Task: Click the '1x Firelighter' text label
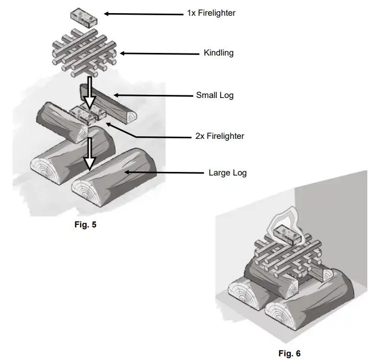(x=211, y=13)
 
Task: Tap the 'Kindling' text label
(x=219, y=53)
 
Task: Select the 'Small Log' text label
(x=214, y=95)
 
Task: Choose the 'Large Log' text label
(x=227, y=172)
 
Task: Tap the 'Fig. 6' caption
(x=289, y=353)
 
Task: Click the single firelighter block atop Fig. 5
(x=84, y=17)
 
